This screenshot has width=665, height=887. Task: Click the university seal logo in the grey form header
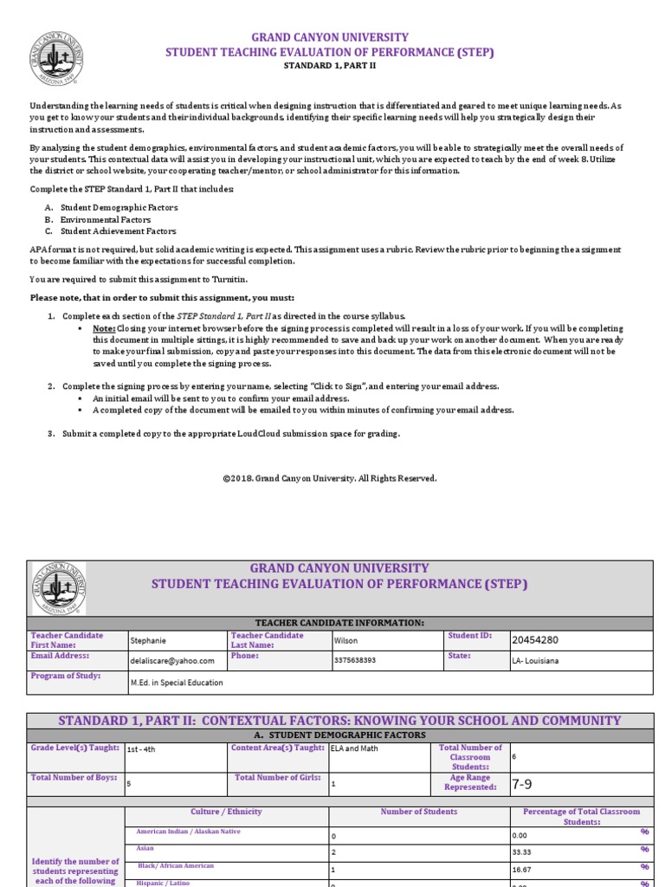[59, 587]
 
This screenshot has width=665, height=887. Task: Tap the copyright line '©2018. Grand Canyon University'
[330, 478]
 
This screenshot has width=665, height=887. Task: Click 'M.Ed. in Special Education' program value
[176, 683]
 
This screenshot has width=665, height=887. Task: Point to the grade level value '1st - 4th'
[141, 749]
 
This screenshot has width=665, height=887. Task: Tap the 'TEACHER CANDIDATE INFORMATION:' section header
[339, 623]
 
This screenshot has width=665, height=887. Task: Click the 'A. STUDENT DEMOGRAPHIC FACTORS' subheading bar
[339, 735]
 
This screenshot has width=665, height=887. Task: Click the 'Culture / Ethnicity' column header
[226, 812]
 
